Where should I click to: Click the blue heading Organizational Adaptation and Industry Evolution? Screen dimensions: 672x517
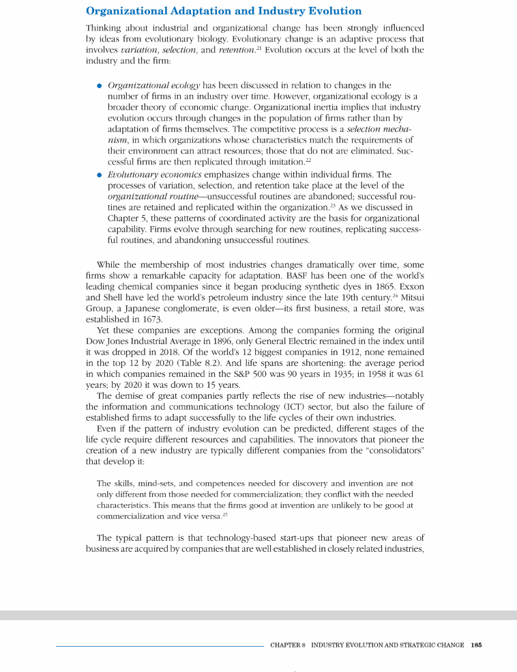tap(224, 12)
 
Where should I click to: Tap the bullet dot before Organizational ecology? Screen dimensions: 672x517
tap(100, 86)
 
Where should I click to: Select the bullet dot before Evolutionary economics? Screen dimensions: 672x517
tap(100, 176)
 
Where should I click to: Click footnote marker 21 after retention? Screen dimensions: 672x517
tap(257, 48)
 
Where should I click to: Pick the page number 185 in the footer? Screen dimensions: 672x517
tap(476, 645)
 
